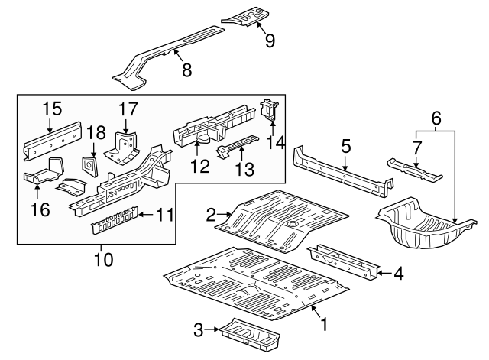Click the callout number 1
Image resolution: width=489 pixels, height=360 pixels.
(323, 324)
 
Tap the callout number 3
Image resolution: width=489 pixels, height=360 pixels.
(199, 329)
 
